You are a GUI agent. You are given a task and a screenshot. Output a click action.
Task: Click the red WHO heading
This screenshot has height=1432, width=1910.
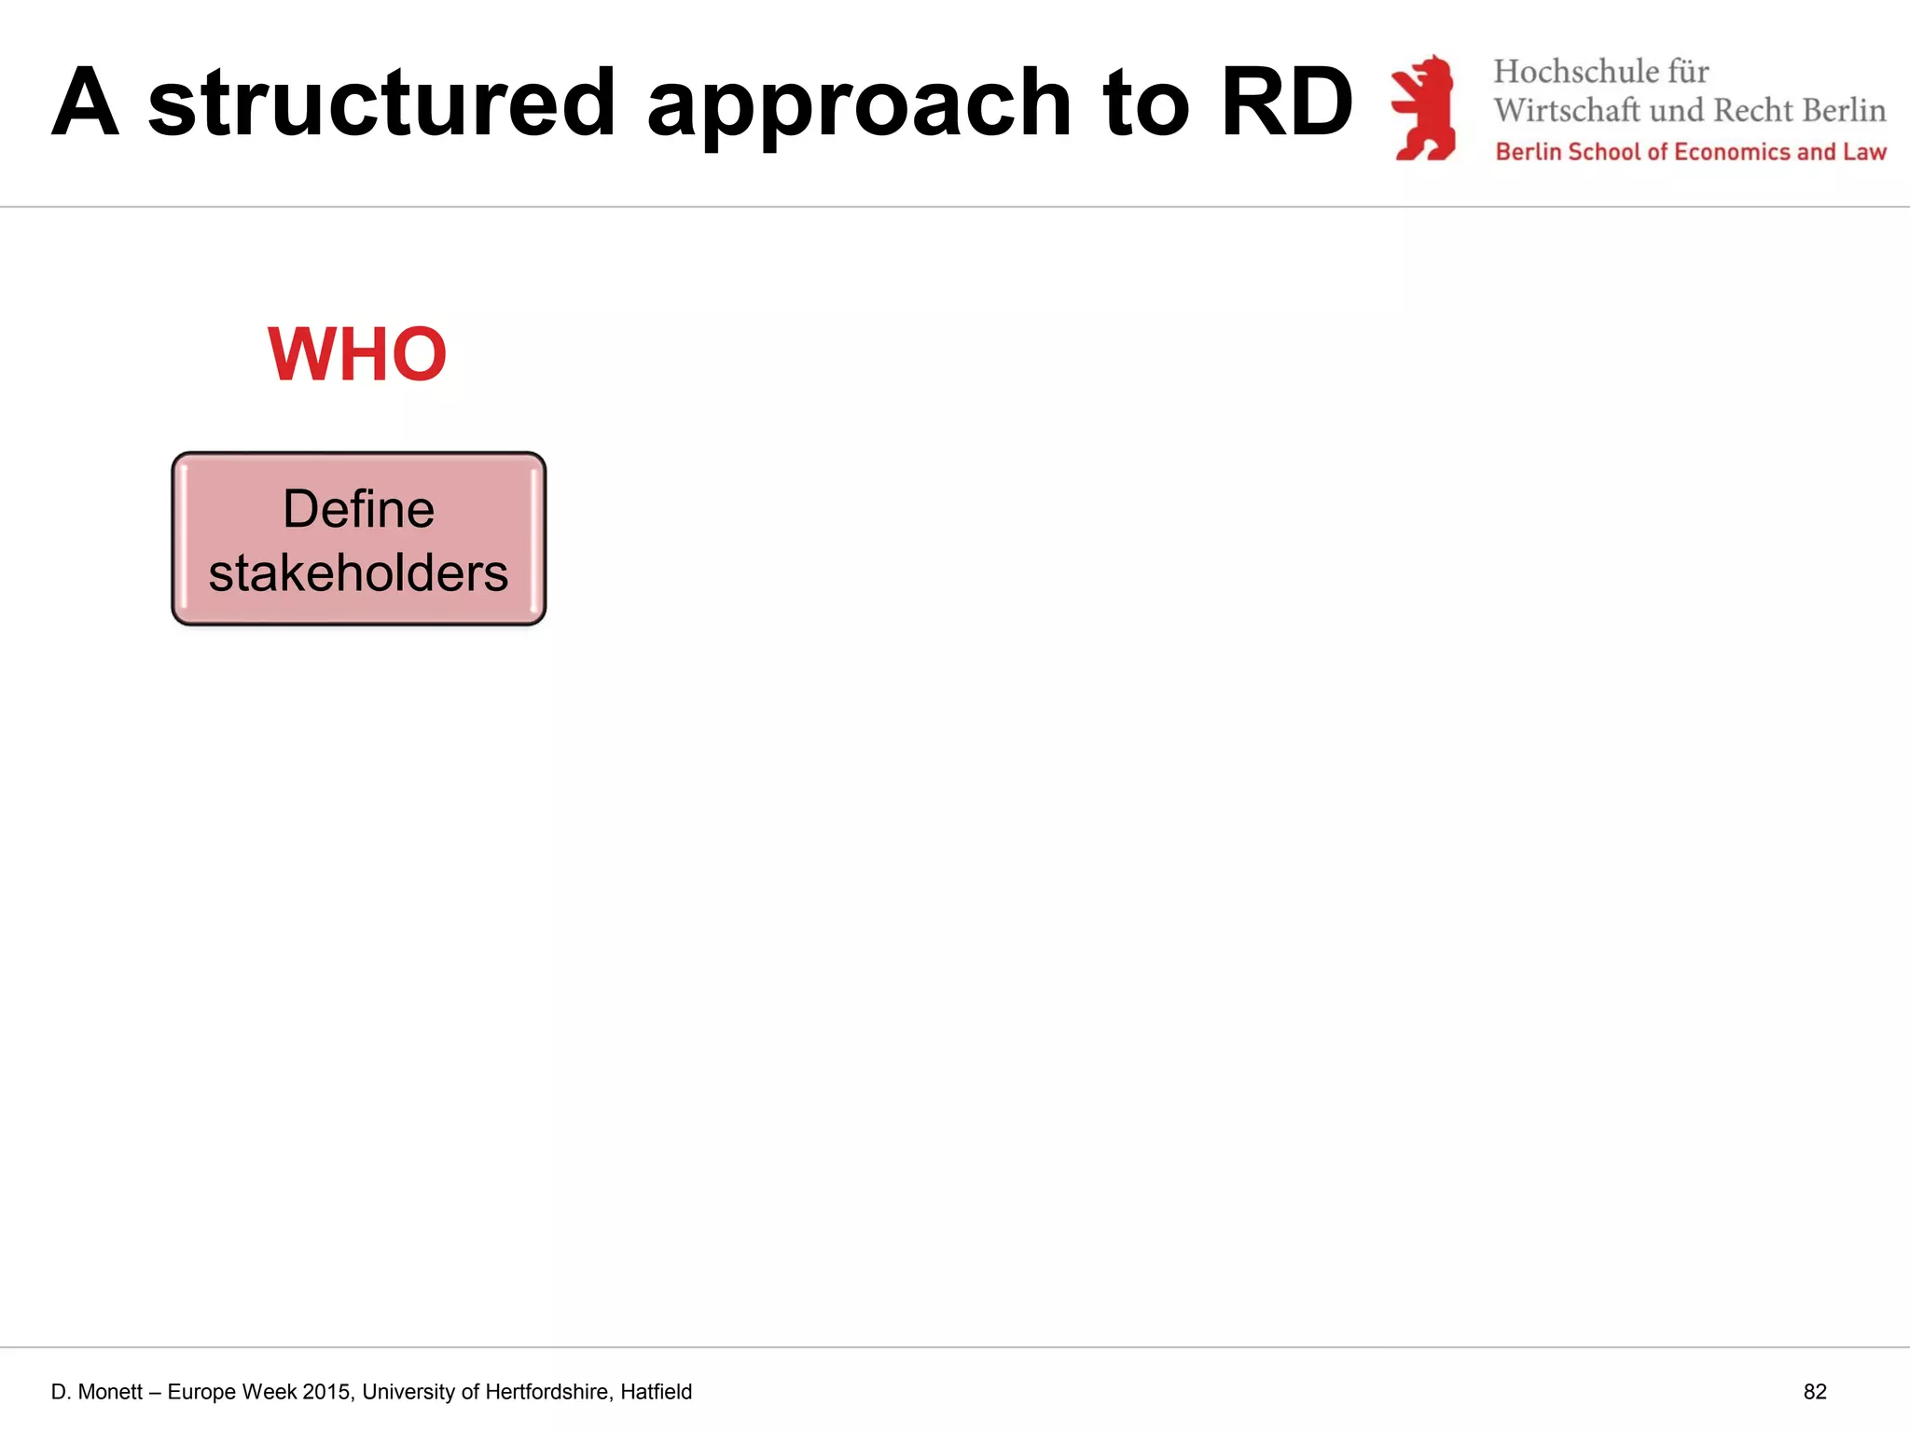[x=357, y=355]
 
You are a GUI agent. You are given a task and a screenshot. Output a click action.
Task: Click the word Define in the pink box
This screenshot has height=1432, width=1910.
[x=358, y=509]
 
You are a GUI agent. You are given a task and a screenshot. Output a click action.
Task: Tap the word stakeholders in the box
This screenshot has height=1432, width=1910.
[x=358, y=572]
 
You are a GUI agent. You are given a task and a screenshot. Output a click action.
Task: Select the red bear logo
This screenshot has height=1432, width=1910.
[x=1424, y=107]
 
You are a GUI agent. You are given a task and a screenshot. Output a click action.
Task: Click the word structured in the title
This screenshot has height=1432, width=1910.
[x=381, y=103]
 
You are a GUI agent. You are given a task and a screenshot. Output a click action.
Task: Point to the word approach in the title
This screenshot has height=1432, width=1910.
[x=858, y=104]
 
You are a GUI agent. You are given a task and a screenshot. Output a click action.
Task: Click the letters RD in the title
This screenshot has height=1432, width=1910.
[x=1286, y=103]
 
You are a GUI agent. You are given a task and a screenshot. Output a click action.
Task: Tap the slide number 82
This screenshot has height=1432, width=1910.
[x=1814, y=1392]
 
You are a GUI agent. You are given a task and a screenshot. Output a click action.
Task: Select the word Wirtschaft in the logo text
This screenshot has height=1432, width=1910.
[x=1566, y=110]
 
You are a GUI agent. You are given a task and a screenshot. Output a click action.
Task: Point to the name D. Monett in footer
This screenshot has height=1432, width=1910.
[x=97, y=1392]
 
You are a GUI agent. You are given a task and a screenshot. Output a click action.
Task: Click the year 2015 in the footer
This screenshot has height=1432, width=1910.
[x=326, y=1392]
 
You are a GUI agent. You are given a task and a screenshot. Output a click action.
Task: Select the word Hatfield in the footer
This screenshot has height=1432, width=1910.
[x=656, y=1392]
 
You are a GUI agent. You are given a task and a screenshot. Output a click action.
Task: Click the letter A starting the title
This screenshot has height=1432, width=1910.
[x=85, y=103]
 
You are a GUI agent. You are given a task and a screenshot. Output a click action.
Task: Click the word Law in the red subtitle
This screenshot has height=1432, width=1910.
[x=1864, y=152]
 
